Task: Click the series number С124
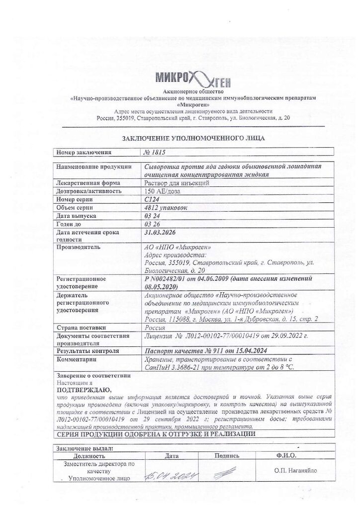(150, 199)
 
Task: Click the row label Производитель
(79, 247)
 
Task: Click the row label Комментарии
(77, 359)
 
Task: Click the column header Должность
(90, 455)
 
